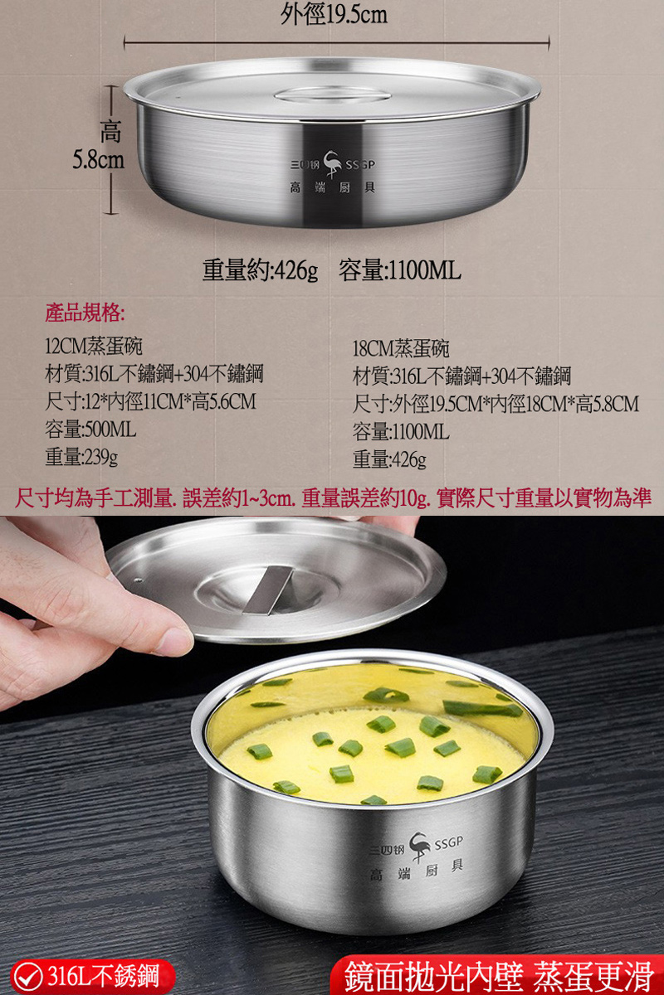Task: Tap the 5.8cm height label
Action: pos(98,160)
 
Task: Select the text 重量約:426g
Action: pos(260,270)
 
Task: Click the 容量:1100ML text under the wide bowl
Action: pos(400,270)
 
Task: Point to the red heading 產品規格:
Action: pos(85,313)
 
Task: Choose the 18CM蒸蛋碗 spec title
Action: pos(401,348)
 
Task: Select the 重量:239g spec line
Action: pos(81,457)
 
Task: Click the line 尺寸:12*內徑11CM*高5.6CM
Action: pos(150,402)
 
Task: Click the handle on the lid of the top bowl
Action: pos(333,93)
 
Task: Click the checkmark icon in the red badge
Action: pos(30,976)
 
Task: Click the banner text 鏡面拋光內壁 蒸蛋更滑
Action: pos(499,976)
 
